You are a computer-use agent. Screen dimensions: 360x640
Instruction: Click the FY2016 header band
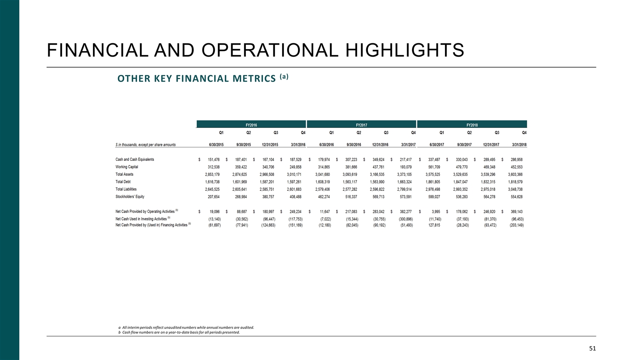[x=251, y=125]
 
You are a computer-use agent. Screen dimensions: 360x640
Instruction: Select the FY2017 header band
[x=361, y=125]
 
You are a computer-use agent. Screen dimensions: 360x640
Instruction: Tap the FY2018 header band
[x=472, y=125]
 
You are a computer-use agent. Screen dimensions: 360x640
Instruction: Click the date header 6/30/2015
[x=216, y=145]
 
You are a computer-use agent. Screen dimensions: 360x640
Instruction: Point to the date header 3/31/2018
[x=519, y=145]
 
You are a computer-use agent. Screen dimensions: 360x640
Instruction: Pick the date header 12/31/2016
[x=380, y=145]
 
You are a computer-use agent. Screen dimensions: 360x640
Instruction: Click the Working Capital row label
[x=127, y=167]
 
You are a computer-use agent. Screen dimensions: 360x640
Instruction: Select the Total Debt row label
[x=123, y=182]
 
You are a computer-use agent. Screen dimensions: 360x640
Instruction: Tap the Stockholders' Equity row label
[x=130, y=197]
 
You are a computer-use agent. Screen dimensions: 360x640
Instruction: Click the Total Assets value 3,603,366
[x=515, y=175]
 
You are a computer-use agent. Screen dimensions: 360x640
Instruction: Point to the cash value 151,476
[x=213, y=160]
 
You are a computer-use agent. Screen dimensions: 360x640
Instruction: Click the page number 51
[x=592, y=348]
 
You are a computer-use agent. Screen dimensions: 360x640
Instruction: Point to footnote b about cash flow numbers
[x=179, y=332]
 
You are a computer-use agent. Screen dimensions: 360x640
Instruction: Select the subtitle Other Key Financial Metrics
[x=197, y=78]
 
